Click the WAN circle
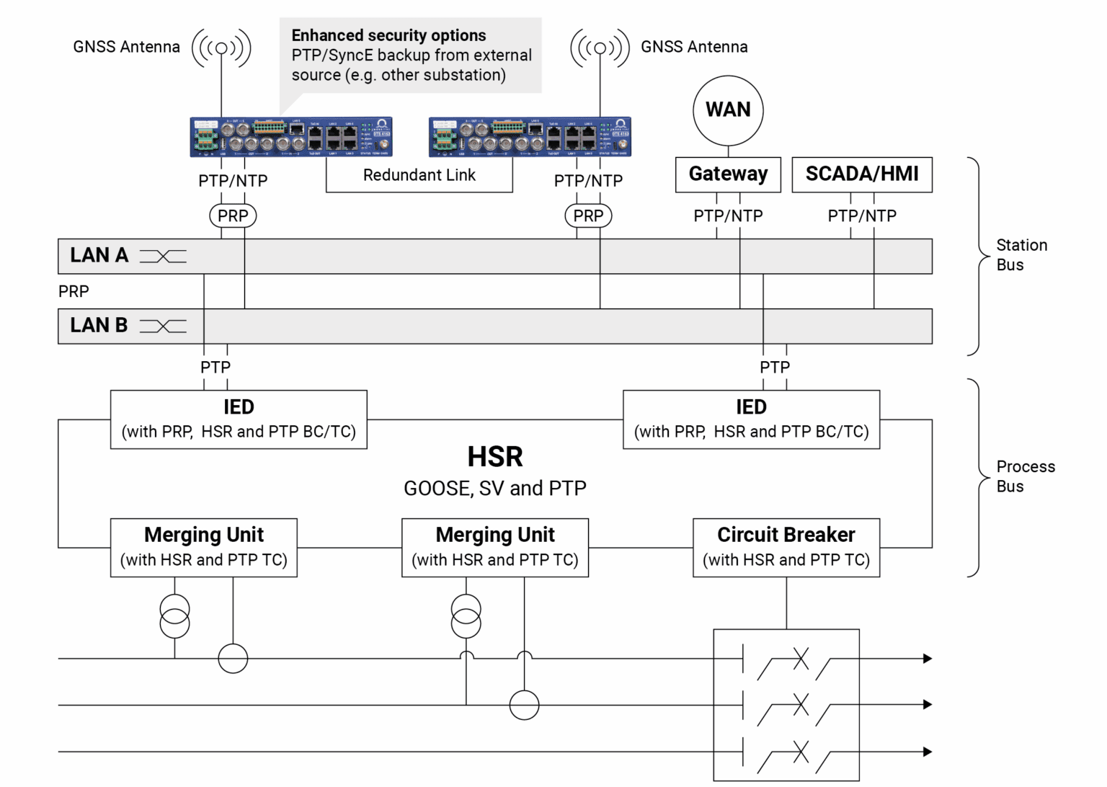click(728, 110)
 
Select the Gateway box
click(728, 174)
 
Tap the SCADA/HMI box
click(861, 174)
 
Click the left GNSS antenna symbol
click(221, 48)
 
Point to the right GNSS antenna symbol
click(600, 48)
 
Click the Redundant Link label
click(419, 175)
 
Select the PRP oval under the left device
click(233, 215)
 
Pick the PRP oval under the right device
click(588, 215)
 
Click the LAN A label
click(99, 256)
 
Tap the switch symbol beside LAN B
click(163, 326)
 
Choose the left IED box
click(239, 419)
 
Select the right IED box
click(751, 419)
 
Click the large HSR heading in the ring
click(495, 457)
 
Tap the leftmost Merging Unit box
click(203, 548)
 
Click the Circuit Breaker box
click(786, 548)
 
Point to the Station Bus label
click(1021, 255)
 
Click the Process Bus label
click(1025, 476)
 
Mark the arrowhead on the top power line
click(928, 658)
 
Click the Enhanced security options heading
click(388, 35)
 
